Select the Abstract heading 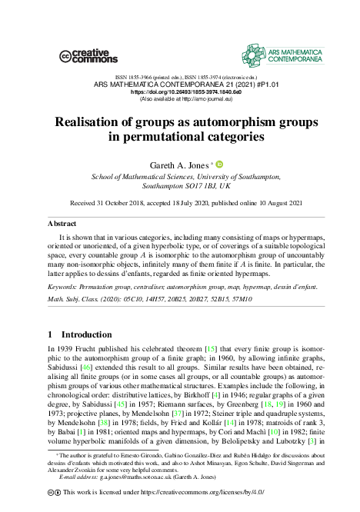[x=62, y=223]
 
